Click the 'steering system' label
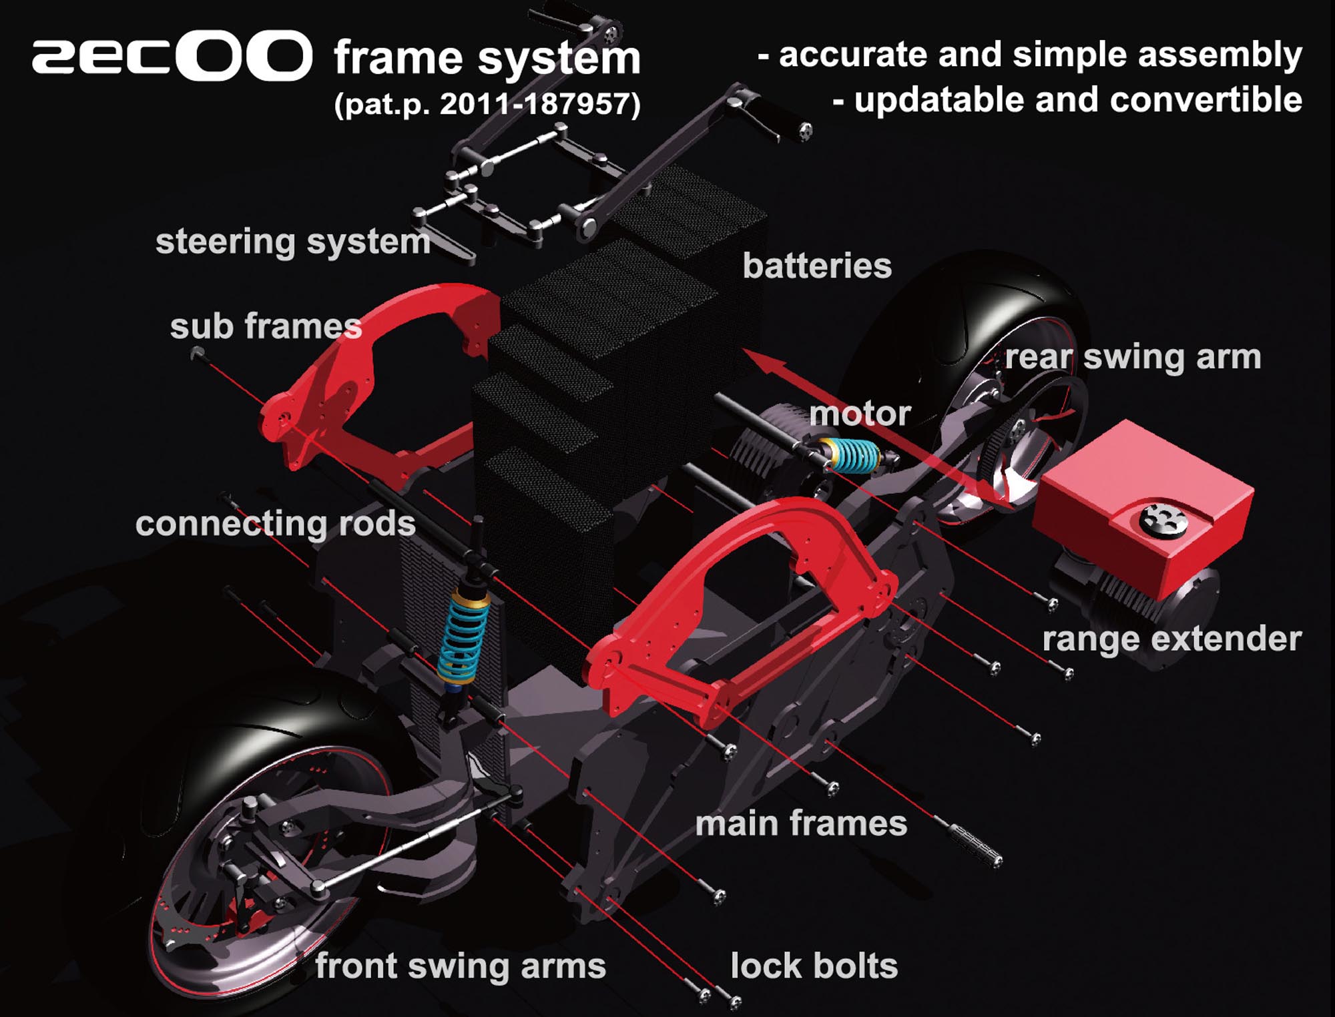point(292,242)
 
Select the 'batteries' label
point(817,266)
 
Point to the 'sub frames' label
point(266,327)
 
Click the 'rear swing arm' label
point(1133,357)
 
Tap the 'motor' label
point(860,414)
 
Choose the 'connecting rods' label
point(275,524)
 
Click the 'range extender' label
point(1171,639)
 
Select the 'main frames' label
point(801,823)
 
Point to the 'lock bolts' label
point(814,966)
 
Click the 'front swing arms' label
point(460,966)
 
